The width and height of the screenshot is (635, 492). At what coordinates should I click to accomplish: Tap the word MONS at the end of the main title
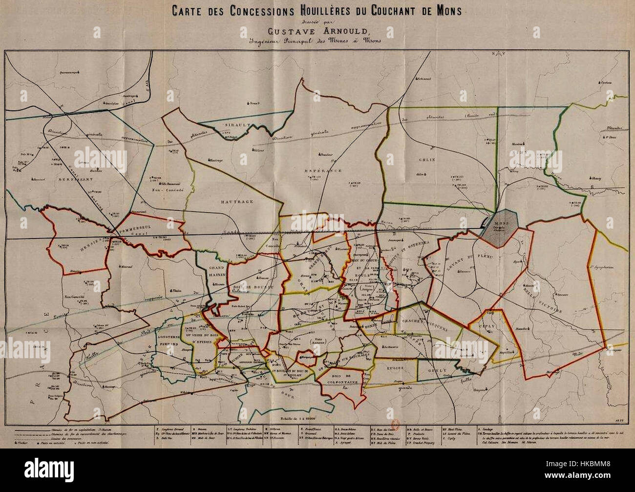[445, 11]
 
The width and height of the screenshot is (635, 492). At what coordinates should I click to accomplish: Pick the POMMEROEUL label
[144, 232]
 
